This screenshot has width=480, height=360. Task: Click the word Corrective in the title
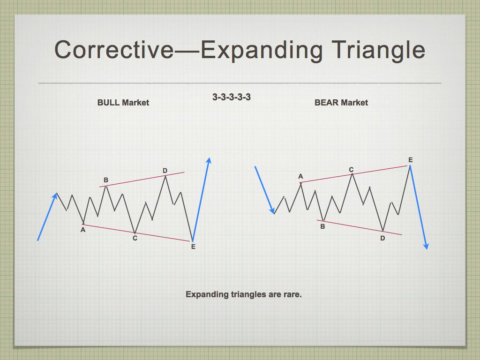coord(114,49)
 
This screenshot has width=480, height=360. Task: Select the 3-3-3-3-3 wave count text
coord(232,97)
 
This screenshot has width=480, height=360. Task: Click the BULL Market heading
coord(123,103)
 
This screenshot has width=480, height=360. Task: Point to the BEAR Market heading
coord(341,103)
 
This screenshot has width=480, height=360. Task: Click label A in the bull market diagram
coord(83,230)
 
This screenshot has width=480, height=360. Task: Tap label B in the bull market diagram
coord(106,180)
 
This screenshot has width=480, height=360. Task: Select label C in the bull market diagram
coord(135,238)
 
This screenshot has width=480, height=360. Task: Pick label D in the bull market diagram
coord(165,171)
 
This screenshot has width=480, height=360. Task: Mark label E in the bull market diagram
coord(193,247)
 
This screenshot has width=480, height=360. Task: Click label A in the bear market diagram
coord(300,176)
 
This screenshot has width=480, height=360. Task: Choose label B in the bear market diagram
coord(322,226)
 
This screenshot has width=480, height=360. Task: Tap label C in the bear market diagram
coord(351,170)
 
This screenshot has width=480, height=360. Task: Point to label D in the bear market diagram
coord(382,238)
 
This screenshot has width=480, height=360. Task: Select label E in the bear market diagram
coord(411,160)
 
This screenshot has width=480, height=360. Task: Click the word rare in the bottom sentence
coord(292,294)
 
